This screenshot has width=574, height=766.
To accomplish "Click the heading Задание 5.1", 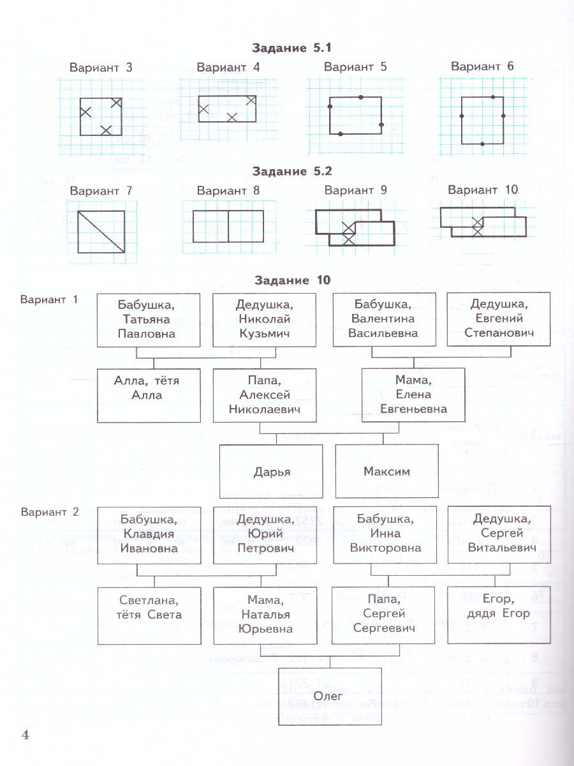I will tap(291, 48).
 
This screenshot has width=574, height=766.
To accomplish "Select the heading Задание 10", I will tap(292, 280).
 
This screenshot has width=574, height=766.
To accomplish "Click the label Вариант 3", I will tap(101, 67).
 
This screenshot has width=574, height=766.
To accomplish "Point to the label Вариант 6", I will tap(482, 66).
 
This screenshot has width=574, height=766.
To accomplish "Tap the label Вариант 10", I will tap(483, 190).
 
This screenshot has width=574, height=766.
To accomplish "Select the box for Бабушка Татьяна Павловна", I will tap(148, 319).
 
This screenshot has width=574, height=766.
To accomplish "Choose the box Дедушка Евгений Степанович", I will tap(499, 319).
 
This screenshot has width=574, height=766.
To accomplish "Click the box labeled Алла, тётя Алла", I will tap(148, 395).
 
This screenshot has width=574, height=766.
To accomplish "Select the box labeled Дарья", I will tap(272, 472).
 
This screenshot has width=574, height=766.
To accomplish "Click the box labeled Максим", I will tap(386, 472).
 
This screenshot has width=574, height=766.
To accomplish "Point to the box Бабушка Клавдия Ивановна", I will tap(148, 534).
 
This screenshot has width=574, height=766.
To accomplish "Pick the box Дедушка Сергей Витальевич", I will tap(499, 534).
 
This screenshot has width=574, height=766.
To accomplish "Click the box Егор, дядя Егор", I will tap(499, 615).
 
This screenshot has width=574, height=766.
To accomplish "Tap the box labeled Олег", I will tap(330, 695).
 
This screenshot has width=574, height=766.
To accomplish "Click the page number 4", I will tap(26, 735).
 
